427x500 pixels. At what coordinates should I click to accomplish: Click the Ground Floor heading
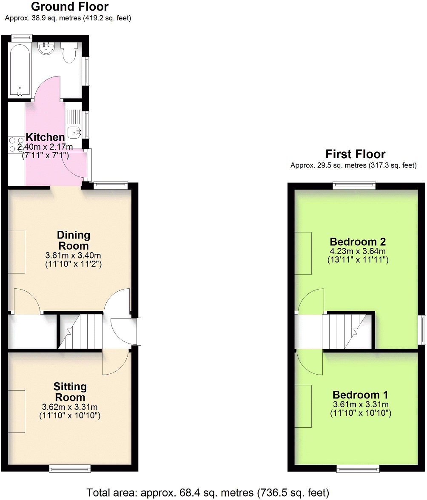click(70, 7)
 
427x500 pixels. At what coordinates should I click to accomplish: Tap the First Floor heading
click(355, 154)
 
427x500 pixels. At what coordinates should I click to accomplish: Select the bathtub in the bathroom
click(19, 70)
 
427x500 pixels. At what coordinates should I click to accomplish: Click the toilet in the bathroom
click(68, 52)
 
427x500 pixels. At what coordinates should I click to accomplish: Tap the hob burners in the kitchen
click(16, 144)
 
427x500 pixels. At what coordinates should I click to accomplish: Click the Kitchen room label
click(45, 137)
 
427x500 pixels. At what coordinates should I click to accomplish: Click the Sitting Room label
click(70, 392)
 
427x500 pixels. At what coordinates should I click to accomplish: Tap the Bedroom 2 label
click(359, 241)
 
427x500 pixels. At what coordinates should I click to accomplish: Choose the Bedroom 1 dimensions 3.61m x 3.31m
click(360, 404)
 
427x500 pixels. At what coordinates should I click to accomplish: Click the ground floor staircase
click(81, 331)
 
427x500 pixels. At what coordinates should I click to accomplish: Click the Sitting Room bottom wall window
click(70, 468)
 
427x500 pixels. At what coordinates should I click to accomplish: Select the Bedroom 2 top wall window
click(354, 185)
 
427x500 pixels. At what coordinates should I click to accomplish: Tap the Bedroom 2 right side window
click(421, 330)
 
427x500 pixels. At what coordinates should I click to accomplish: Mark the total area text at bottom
click(208, 493)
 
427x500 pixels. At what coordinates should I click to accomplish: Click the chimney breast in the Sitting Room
click(16, 411)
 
